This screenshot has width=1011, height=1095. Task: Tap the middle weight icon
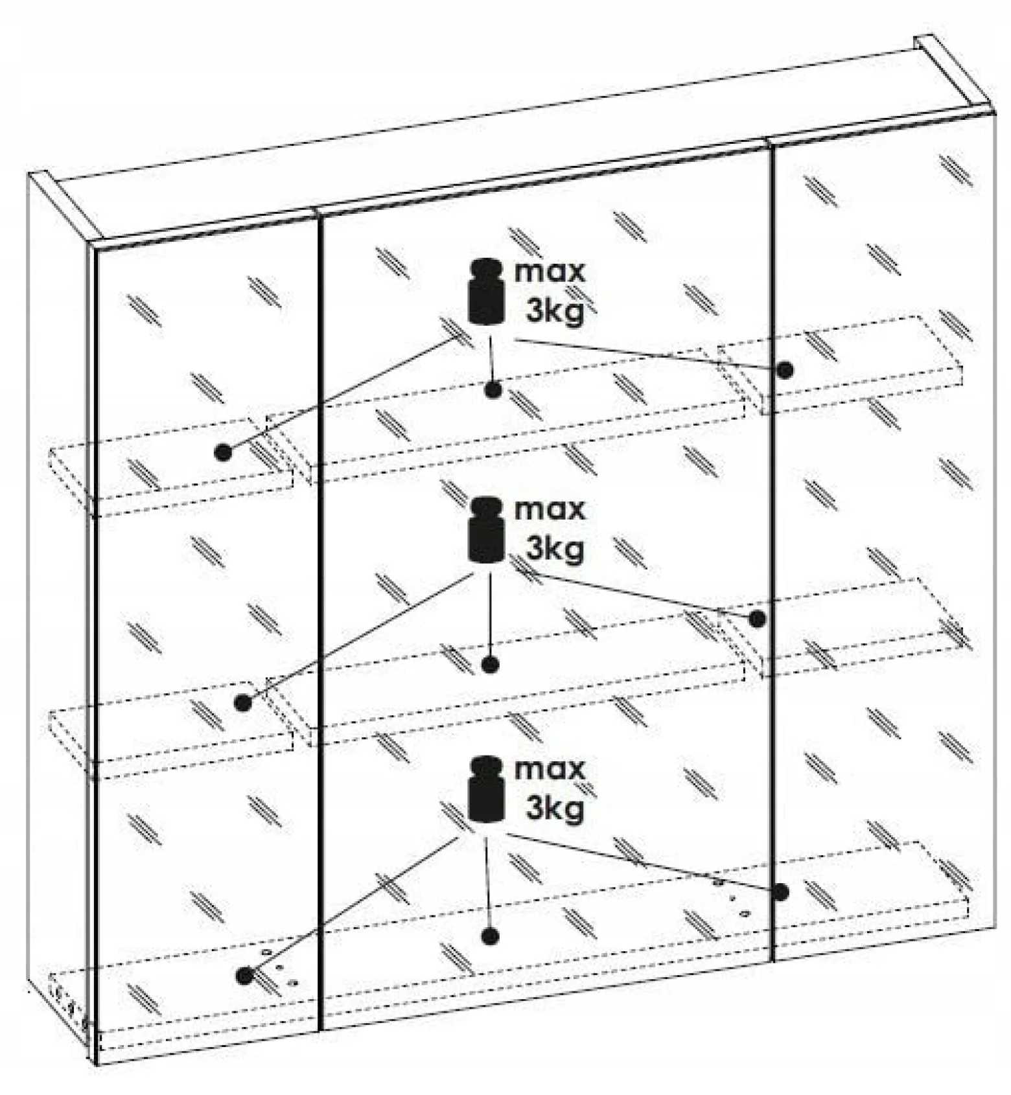[486, 529]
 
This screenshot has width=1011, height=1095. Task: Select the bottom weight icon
[486, 790]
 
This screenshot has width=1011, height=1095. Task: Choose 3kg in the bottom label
[555, 809]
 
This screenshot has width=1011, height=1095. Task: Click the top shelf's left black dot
[223, 452]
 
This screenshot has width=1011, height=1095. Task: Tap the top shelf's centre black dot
[493, 390]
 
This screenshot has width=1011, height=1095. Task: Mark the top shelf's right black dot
[785, 370]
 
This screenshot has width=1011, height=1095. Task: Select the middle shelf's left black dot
[243, 702]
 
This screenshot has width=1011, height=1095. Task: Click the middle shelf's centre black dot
[491, 664]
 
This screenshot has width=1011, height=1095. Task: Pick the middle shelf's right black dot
[756, 619]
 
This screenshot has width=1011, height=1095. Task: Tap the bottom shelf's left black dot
[244, 974]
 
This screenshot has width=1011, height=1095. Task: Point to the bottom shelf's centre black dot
[490, 936]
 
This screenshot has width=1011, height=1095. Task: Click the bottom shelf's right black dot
[781, 892]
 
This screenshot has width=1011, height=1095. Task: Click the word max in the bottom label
[550, 769]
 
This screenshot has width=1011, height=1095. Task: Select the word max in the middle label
[550, 509]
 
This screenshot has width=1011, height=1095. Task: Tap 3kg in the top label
[555, 311]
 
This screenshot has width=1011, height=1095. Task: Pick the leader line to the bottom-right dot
[644, 863]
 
